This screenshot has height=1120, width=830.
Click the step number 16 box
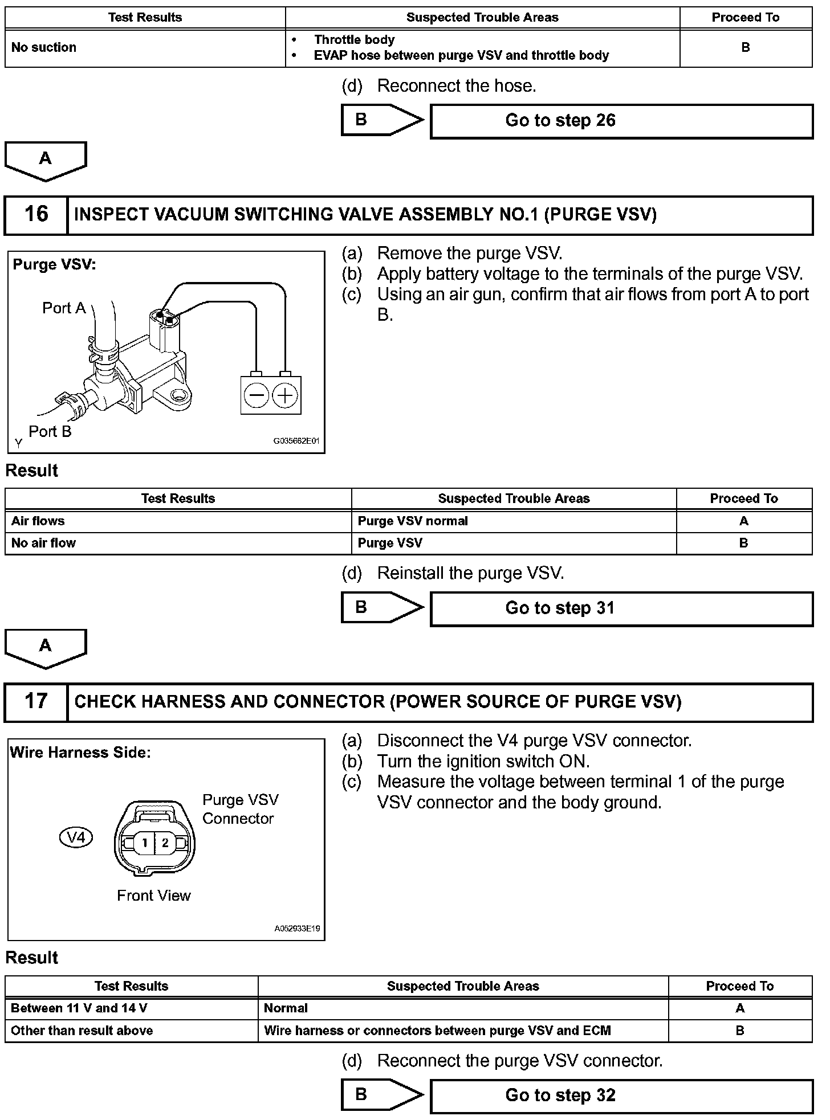[36, 215]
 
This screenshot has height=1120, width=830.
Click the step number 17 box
[36, 702]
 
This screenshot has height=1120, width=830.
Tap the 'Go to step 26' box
[621, 121]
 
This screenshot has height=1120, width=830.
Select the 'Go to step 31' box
[621, 608]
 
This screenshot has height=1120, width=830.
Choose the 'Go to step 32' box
[621, 1096]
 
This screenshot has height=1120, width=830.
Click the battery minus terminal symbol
[257, 395]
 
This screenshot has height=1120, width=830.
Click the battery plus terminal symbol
[285, 395]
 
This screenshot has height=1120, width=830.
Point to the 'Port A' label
[63, 308]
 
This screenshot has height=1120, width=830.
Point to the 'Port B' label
[50, 432]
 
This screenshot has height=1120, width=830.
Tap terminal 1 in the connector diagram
[145, 843]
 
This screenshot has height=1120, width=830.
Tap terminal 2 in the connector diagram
[165, 843]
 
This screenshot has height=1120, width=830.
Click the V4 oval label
[76, 837]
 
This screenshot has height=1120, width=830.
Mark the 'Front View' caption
[153, 896]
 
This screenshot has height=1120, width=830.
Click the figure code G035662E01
[296, 441]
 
